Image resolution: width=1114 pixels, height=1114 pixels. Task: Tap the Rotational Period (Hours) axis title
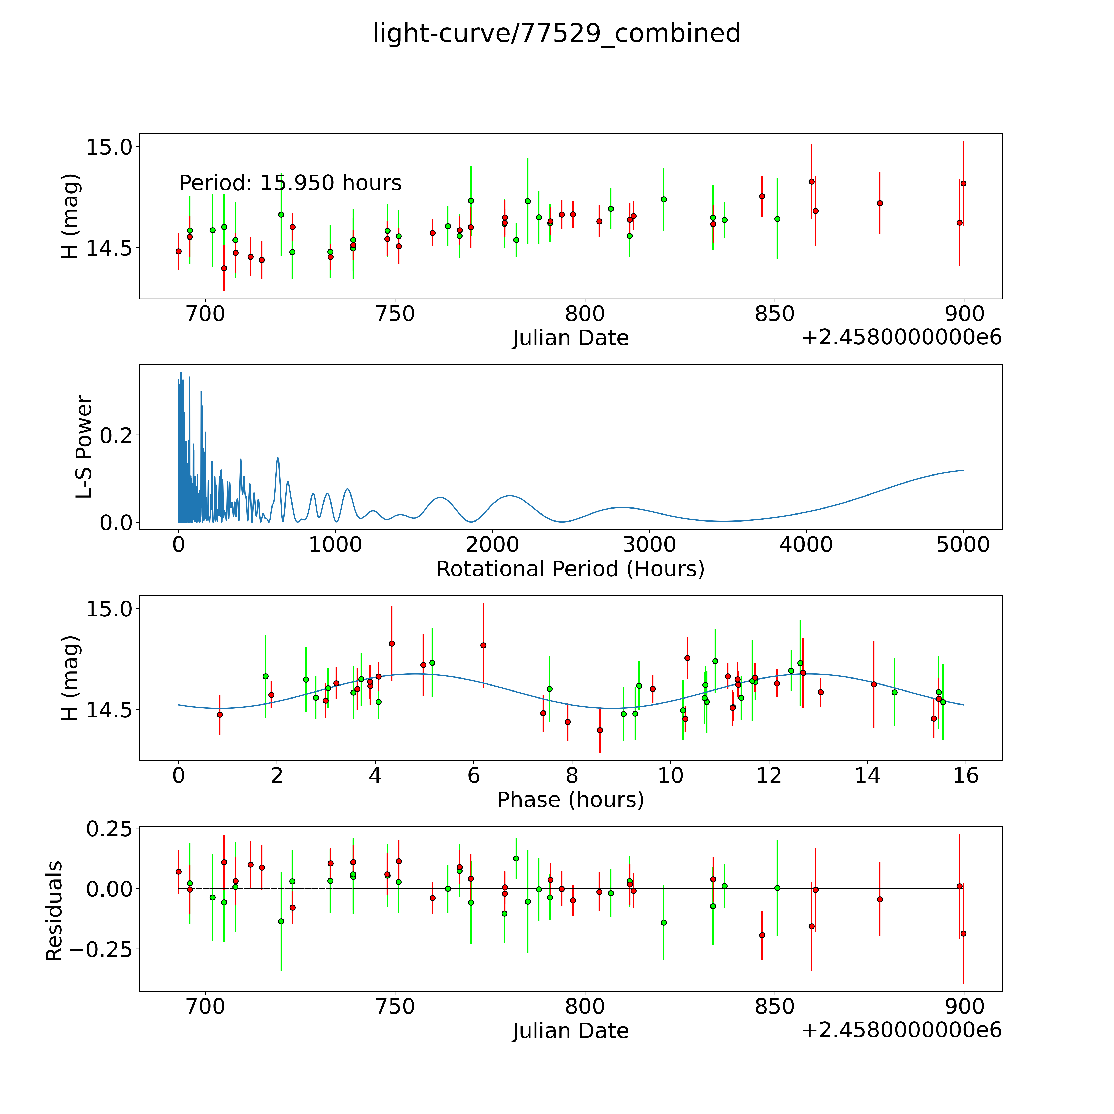(x=570, y=569)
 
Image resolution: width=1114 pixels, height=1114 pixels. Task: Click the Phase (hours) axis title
(x=570, y=800)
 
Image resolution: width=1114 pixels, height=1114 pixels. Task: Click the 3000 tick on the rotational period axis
(x=649, y=544)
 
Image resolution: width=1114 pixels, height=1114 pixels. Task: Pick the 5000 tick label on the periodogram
(x=963, y=544)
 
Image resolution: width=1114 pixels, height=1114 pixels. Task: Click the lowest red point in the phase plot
(x=600, y=730)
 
